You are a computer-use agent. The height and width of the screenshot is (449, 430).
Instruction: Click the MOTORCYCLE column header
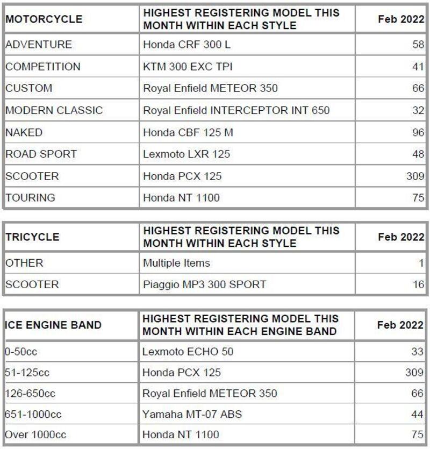44,19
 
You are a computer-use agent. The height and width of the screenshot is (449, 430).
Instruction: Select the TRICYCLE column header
33,237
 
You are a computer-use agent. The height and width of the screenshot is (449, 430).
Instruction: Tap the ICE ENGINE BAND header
53,325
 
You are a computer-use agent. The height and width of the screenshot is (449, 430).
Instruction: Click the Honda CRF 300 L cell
187,45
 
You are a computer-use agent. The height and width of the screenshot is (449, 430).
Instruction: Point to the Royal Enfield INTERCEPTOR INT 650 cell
236,110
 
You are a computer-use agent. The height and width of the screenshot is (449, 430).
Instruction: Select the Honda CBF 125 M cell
188,132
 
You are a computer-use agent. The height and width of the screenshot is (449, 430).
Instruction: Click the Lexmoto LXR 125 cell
187,154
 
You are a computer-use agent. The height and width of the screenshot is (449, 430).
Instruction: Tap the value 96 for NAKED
418,132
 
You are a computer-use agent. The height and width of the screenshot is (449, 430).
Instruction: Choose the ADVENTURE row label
39,45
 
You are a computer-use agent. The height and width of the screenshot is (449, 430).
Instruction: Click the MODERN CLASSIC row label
54,110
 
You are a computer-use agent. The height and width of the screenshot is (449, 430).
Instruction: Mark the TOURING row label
31,198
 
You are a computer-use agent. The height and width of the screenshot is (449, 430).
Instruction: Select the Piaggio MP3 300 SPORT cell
204,285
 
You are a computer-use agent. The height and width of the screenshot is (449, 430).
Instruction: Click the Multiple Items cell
176,263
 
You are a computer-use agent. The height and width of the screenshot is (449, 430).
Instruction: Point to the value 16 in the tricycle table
418,285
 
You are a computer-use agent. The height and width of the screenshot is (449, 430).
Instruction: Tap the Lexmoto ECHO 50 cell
188,352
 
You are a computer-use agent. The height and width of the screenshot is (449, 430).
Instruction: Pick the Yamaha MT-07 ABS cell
192,414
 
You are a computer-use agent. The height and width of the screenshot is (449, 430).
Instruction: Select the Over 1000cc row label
35,434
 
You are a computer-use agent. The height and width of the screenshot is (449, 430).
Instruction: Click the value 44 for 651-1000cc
418,414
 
